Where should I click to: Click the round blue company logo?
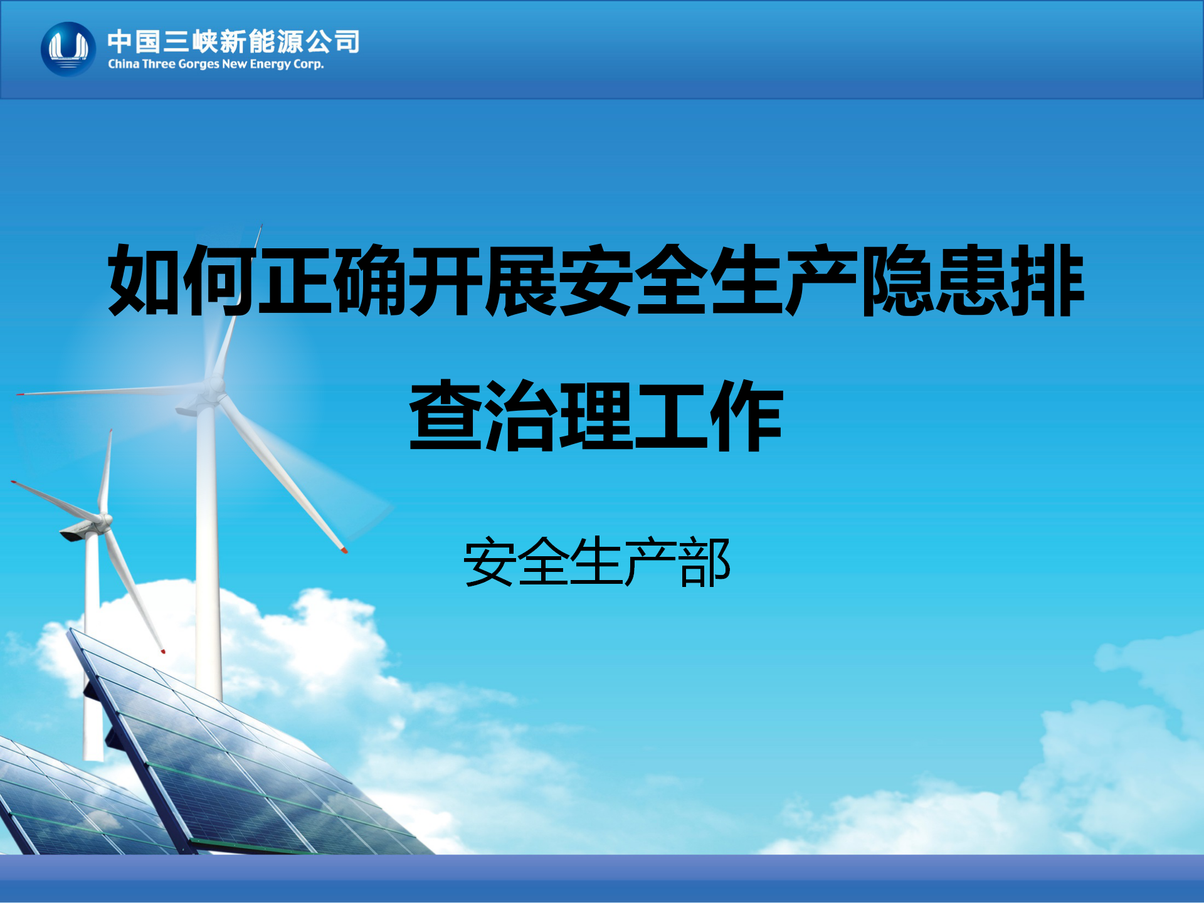tap(68, 50)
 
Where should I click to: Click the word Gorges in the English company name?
tap(199, 65)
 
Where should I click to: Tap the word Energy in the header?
tap(270, 65)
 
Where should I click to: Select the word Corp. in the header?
tap(309, 65)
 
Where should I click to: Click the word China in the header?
tap(124, 64)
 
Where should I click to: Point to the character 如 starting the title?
tap(145, 280)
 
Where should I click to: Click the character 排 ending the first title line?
tap(1047, 280)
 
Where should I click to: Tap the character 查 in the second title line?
tap(446, 415)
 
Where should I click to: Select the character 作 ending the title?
tap(746, 415)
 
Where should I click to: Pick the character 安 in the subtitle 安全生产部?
tap(489, 562)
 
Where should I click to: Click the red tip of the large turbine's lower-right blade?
tap(344, 550)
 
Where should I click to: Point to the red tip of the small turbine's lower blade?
tap(163, 652)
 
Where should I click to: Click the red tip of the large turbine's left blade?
tap(19, 394)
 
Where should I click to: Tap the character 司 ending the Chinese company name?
tap(347, 42)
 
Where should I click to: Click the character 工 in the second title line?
tap(671, 415)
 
